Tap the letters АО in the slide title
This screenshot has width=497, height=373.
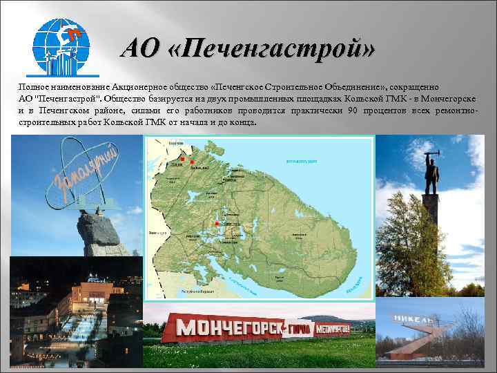[144, 50]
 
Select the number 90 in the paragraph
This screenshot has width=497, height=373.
[353, 111]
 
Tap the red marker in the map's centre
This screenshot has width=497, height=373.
[217, 224]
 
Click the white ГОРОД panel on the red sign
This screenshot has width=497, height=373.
[299, 327]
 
